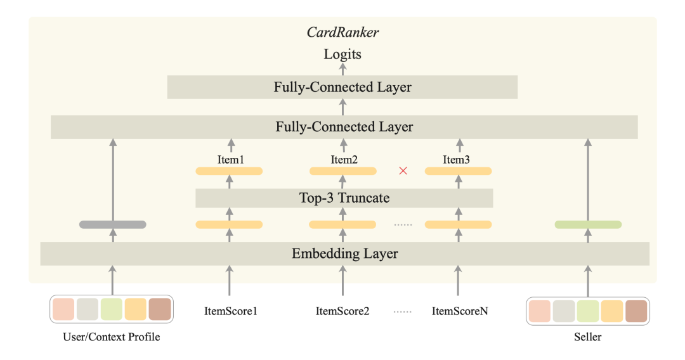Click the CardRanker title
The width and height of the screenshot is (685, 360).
[342, 32]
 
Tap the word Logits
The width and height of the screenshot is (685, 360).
[342, 55]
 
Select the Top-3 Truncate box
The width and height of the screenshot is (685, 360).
[344, 198]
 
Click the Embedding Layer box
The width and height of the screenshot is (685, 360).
[344, 254]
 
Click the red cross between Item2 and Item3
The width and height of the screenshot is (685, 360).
[403, 170]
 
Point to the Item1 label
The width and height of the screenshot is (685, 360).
[231, 160]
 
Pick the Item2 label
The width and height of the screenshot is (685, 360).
[344, 160]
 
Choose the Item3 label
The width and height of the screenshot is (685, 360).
[456, 160]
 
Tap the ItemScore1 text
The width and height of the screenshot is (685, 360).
[231, 311]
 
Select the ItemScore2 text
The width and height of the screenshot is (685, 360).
[342, 311]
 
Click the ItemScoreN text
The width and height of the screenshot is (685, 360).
[460, 311]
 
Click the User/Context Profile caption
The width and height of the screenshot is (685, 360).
[112, 337]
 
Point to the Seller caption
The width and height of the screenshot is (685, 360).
[587, 337]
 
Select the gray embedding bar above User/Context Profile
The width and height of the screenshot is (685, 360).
[113, 225]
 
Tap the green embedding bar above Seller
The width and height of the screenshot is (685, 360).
[588, 225]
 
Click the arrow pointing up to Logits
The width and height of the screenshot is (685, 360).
[343, 69]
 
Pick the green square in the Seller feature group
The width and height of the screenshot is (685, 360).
[587, 311]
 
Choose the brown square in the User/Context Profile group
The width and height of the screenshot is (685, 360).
[160, 309]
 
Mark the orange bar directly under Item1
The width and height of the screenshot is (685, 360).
[229, 171]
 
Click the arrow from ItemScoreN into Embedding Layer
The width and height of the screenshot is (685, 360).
[458, 281]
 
